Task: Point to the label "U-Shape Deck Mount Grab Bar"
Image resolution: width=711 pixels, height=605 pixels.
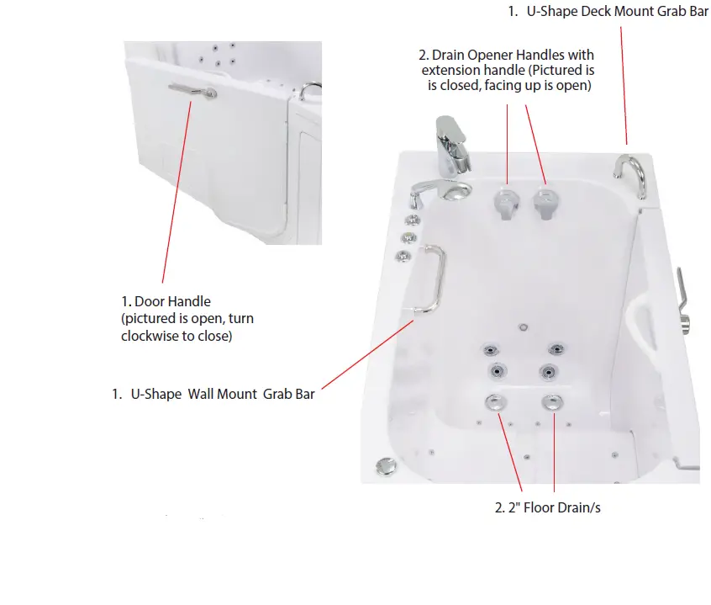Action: (x=613, y=12)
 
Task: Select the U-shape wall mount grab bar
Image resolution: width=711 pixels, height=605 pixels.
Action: (x=434, y=278)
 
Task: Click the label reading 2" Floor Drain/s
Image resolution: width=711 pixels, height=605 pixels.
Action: (x=547, y=508)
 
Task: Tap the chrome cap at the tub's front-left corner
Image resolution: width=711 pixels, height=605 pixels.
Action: (x=386, y=465)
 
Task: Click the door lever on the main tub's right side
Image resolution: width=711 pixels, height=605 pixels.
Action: (x=684, y=298)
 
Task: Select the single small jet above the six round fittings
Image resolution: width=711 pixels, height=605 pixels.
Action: (x=522, y=327)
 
